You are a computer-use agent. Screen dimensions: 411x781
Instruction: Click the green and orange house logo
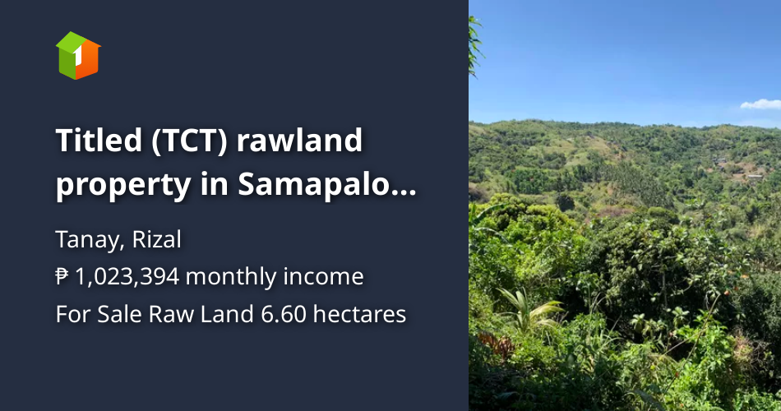[78, 55]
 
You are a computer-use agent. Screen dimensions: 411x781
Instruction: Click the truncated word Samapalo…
[327, 187]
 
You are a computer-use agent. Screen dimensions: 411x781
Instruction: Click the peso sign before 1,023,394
[62, 277]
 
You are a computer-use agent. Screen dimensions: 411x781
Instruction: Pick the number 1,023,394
[127, 277]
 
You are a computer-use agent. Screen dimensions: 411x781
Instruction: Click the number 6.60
[276, 314]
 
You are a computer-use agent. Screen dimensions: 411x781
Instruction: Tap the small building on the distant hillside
[751, 175]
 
